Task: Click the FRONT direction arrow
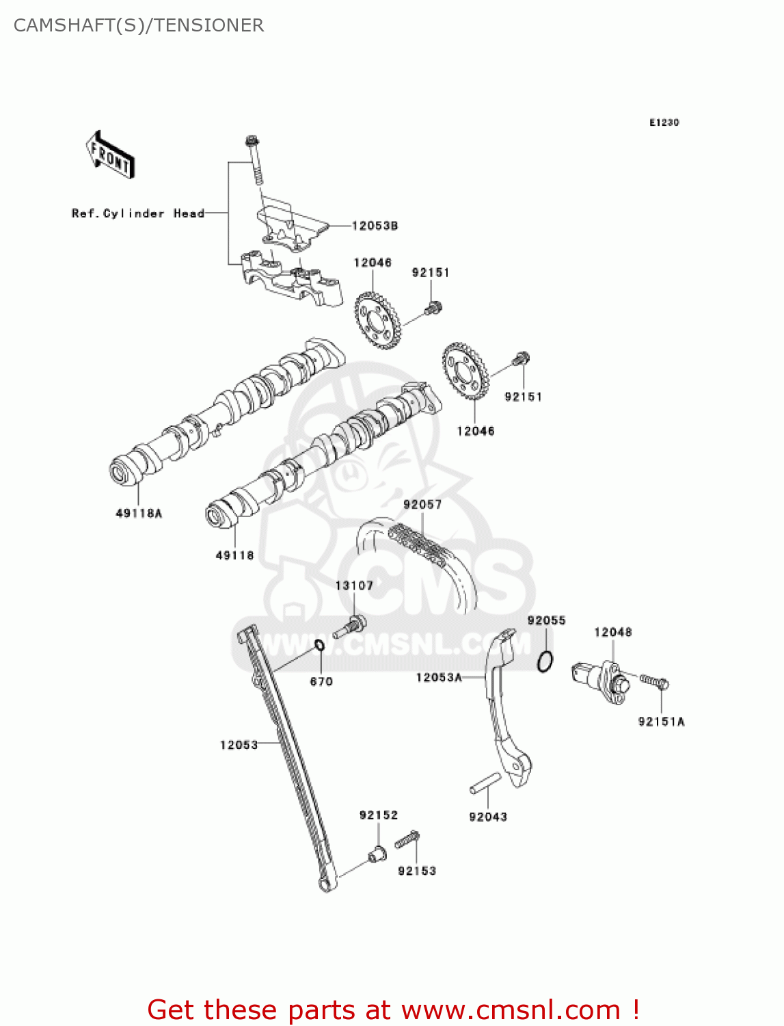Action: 110,155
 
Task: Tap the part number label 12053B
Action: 375,226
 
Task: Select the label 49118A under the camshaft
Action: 139,513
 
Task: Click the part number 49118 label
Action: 234,555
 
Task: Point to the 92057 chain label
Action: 422,504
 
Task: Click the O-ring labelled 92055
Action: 545,662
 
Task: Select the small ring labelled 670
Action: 319,645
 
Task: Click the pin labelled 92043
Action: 485,784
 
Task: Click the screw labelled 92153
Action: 407,839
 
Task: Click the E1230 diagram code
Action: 664,122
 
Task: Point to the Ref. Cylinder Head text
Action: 138,213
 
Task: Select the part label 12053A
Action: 439,677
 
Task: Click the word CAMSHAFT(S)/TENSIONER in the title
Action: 139,25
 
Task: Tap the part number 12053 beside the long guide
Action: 239,745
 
